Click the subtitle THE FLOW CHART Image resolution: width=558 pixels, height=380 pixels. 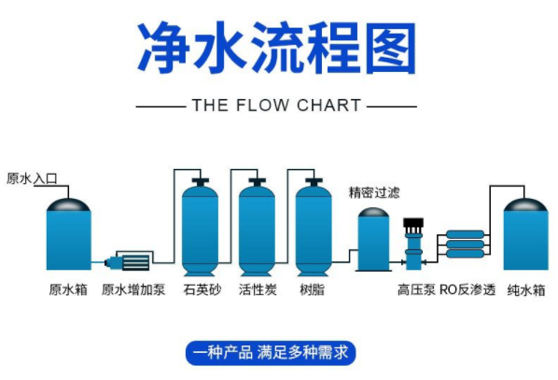coord(276,106)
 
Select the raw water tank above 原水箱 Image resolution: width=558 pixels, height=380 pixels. coord(68,233)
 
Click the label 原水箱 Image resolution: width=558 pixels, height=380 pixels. coord(68,290)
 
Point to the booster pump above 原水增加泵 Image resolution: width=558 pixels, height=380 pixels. coord(131,261)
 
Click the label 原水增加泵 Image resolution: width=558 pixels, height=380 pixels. coord(133,290)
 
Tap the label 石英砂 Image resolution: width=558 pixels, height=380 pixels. coord(202,290)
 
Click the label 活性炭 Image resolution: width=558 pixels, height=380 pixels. coord(258,290)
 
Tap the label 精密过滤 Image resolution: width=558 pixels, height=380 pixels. coord(374,192)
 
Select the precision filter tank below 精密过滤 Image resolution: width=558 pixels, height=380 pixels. coord(374,240)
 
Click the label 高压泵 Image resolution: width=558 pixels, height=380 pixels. coord(415,290)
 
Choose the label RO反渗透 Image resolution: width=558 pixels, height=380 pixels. coord(466,290)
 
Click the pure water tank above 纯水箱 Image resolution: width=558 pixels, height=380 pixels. coord(525,233)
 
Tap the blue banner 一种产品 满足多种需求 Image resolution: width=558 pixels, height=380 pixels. coord(270,353)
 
